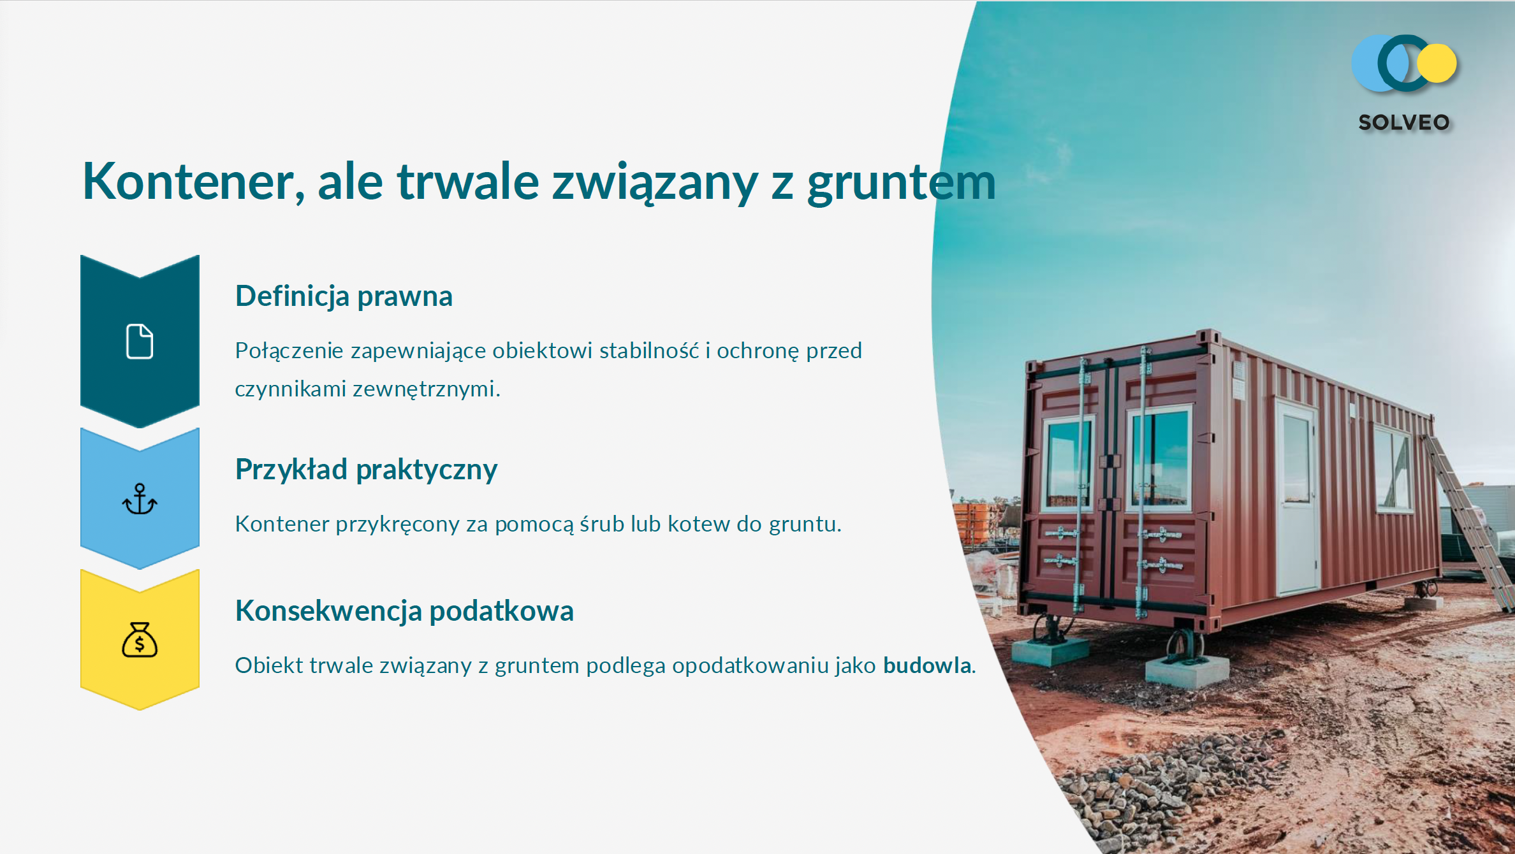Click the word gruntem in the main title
[x=901, y=185]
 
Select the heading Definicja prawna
[x=344, y=297]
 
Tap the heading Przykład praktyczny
[x=366, y=470]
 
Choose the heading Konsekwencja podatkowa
[x=404, y=611]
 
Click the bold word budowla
[x=927, y=665]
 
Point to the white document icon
[x=140, y=342]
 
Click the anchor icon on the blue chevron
[x=140, y=499]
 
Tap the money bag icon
[x=140, y=640]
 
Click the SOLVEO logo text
[x=1404, y=122]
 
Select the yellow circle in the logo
[x=1437, y=63]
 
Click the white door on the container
[x=1297, y=498]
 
